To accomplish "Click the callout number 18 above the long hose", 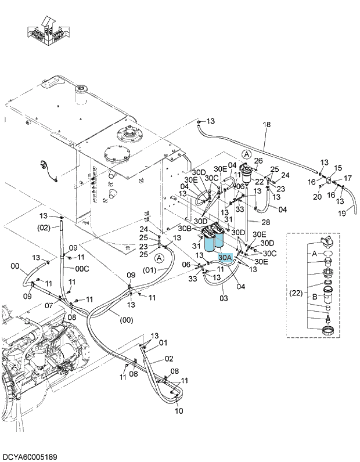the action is pos(267,124).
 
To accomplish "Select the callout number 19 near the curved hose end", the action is pos(342,213).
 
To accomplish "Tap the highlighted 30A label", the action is pos(225,258).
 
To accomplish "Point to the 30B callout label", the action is pos(185,228).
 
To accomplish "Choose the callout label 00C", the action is pos(82,269).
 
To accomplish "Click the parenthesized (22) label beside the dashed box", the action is pos(296,293).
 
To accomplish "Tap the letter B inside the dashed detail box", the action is pos(315,297).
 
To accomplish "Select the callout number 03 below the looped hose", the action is pos(224,298).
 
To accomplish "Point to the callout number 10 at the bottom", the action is pos(179,410).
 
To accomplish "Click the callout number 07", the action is pos(49,305).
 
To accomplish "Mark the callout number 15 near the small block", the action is pos(338,168).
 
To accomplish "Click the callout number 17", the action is pos(348,178).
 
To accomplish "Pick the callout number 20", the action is pos(317,197).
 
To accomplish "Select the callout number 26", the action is pos(258,161).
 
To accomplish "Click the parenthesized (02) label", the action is pos(44,228).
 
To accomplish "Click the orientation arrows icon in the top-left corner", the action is pos(49,31).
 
